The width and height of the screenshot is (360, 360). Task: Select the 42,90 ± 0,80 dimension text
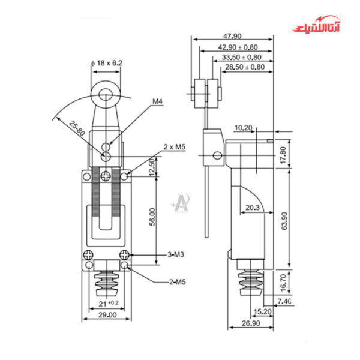238,47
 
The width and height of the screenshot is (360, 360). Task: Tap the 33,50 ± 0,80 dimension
241,57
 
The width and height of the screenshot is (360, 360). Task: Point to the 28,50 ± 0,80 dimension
244,67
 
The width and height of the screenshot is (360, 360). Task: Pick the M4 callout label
158,101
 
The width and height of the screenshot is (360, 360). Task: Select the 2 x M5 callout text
174,147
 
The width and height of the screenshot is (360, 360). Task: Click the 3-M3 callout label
175,254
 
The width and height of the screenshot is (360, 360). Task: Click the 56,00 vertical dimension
153,217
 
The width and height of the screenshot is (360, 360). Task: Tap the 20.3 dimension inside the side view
253,208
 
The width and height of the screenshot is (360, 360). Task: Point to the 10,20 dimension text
243,127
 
